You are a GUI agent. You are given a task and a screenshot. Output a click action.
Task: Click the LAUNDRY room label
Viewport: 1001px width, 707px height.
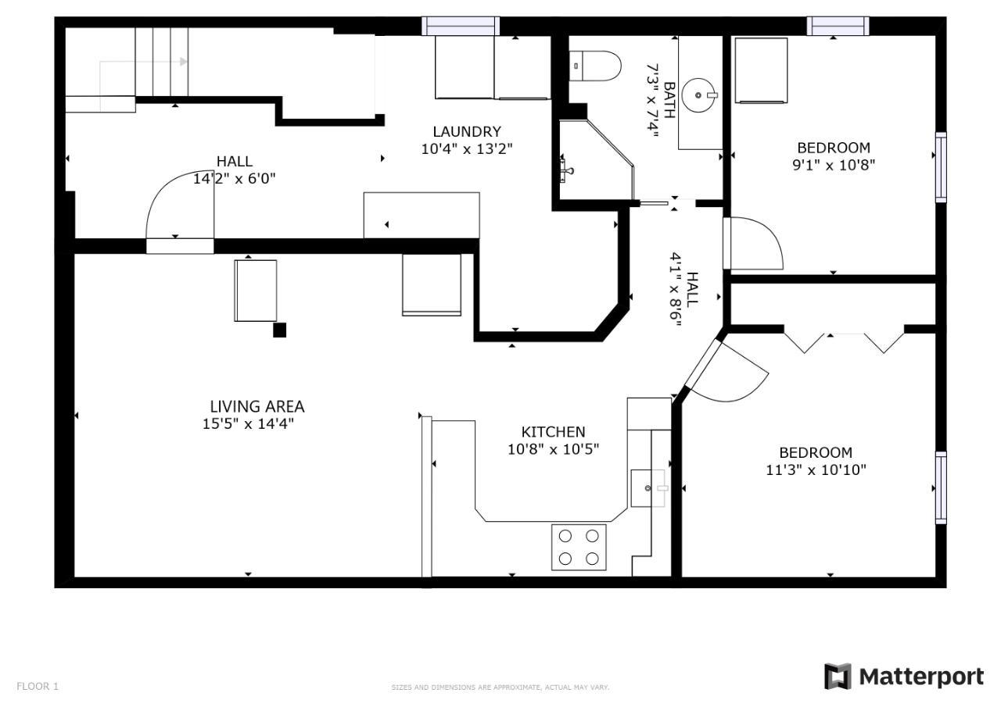pos(467,132)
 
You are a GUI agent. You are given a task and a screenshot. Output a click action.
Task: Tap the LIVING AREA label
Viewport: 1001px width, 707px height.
pos(257,406)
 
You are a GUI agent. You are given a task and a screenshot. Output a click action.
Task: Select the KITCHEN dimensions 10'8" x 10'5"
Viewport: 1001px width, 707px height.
pos(553,449)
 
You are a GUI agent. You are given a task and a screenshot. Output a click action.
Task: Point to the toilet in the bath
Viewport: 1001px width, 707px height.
pos(595,66)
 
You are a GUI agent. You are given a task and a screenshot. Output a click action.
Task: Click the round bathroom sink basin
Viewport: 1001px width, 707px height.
pos(699,95)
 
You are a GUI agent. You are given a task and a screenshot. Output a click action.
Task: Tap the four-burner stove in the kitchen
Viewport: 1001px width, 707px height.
pos(579,547)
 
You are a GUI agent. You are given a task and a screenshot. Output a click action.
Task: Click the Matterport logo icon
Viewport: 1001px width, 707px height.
pos(838,677)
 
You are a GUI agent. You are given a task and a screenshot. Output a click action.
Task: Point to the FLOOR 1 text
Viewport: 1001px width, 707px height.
pos(38,686)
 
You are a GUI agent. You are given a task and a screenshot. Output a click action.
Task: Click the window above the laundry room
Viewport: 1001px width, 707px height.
pos(461,26)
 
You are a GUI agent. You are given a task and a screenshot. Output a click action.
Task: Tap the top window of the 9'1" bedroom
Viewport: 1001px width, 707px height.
pos(838,26)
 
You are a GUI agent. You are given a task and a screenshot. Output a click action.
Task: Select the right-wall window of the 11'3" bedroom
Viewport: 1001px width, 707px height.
pos(941,487)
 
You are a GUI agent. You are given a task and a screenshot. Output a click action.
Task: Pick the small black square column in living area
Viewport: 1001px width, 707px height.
pos(280,330)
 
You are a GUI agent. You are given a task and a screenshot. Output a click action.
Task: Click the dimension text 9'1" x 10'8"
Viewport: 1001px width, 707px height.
pos(834,165)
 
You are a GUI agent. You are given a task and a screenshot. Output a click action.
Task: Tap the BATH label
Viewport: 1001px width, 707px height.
pos(669,100)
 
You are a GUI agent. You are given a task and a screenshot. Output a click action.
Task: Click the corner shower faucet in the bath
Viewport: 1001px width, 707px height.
pos(565,170)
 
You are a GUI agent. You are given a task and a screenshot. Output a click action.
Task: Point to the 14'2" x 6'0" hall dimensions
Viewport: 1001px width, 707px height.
pos(234,179)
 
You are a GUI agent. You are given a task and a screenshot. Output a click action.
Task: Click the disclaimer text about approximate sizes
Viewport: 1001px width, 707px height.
pos(500,687)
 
